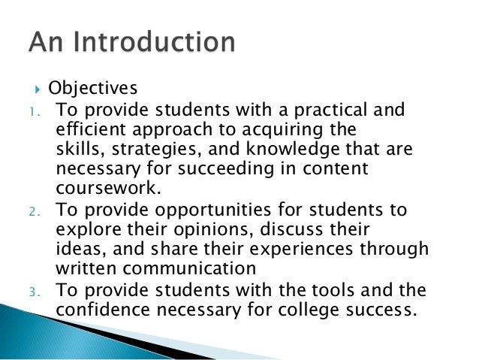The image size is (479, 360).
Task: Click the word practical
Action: (x=328, y=111)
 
